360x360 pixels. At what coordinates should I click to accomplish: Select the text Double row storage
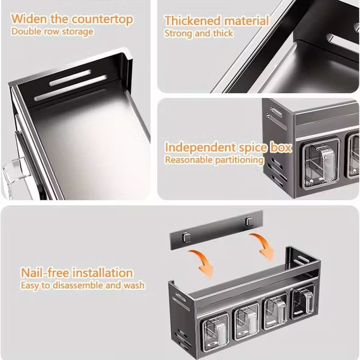click(52, 31)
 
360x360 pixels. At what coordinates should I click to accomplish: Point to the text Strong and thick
click(198, 33)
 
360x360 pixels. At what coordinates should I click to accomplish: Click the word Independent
click(200, 148)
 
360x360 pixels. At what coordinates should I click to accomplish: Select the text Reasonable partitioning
click(214, 160)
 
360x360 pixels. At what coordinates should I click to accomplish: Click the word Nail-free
click(45, 273)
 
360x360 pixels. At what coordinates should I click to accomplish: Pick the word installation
click(103, 273)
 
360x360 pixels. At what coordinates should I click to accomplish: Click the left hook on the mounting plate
click(187, 237)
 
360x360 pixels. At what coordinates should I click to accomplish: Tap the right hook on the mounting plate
click(250, 221)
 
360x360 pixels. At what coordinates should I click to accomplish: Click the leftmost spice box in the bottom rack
click(215, 329)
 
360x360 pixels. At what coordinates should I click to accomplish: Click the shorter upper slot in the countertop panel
click(70, 78)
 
